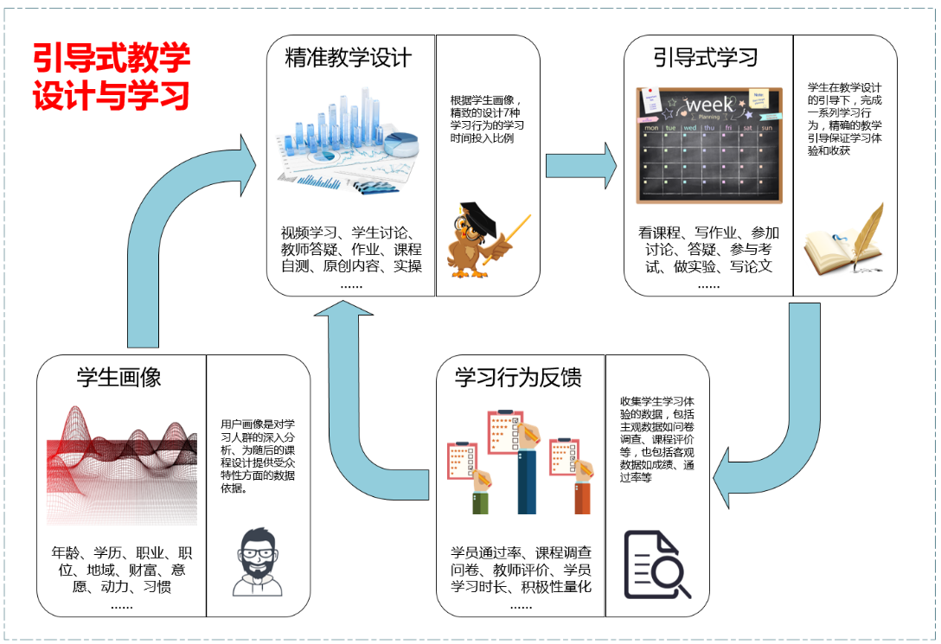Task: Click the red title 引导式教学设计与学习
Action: point(112,77)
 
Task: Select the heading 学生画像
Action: point(119,377)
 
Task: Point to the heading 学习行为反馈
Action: point(518,377)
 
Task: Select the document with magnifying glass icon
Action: point(657,564)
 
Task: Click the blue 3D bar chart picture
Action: point(349,143)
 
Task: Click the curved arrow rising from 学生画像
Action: point(173,233)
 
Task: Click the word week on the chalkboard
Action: point(708,105)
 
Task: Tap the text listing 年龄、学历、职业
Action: point(120,571)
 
